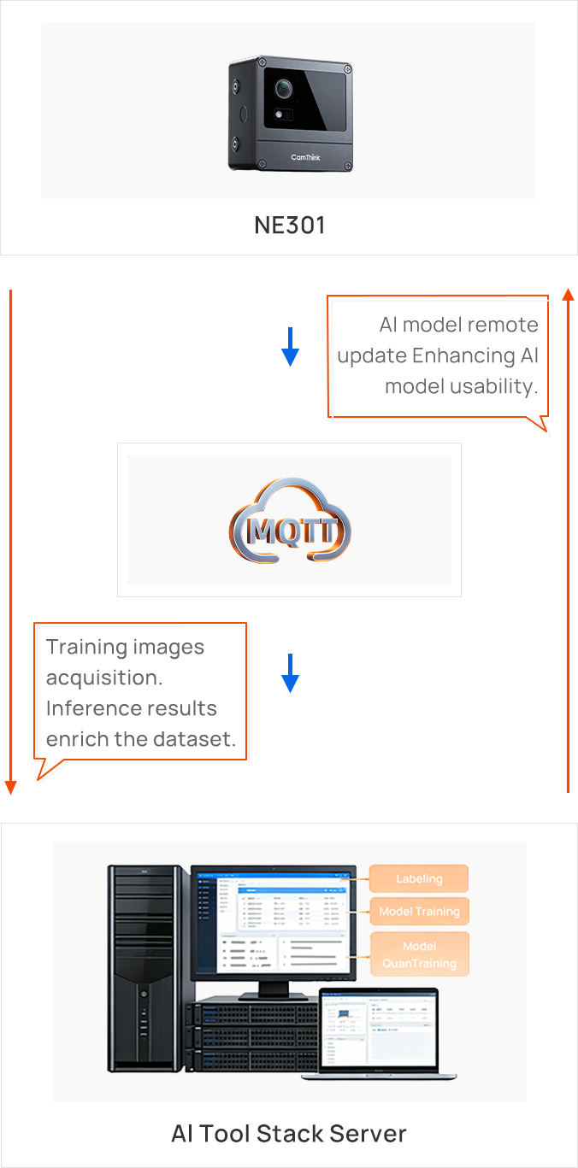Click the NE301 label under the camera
click(x=290, y=226)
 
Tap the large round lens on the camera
click(x=283, y=88)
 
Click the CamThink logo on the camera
click(x=305, y=157)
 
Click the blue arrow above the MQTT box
click(x=291, y=347)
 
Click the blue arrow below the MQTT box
click(x=291, y=672)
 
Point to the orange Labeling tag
click(x=419, y=878)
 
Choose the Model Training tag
click(x=419, y=912)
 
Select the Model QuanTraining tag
click(x=419, y=954)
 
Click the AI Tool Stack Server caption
click(x=289, y=1134)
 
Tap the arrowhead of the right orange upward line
click(x=569, y=295)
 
